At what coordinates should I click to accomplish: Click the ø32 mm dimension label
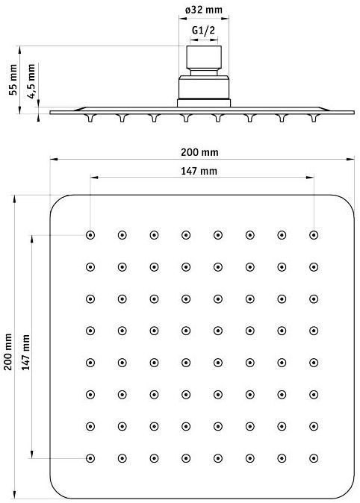(204, 10)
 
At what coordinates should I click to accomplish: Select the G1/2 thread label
(204, 30)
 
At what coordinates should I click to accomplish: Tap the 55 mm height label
(13, 80)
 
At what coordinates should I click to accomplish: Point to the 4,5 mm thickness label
(31, 81)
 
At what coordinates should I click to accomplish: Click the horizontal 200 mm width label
(199, 152)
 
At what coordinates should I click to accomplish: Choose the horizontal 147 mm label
(199, 171)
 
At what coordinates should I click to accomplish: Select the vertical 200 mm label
(8, 352)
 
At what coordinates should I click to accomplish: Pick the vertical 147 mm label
(25, 352)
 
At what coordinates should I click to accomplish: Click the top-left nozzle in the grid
(90, 235)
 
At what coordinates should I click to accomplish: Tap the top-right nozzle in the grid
(314, 235)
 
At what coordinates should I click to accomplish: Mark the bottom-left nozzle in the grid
(90, 458)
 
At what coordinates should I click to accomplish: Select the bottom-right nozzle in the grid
(314, 458)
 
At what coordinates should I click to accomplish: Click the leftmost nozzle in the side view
(90, 117)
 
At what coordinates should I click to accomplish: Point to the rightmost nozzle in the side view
(314, 117)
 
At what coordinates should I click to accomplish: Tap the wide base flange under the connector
(204, 103)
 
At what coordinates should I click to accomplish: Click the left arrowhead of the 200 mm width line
(54, 159)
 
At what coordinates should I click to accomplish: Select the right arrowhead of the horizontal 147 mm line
(310, 178)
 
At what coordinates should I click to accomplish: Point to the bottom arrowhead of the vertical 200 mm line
(14, 495)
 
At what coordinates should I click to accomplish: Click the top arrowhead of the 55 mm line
(19, 50)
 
